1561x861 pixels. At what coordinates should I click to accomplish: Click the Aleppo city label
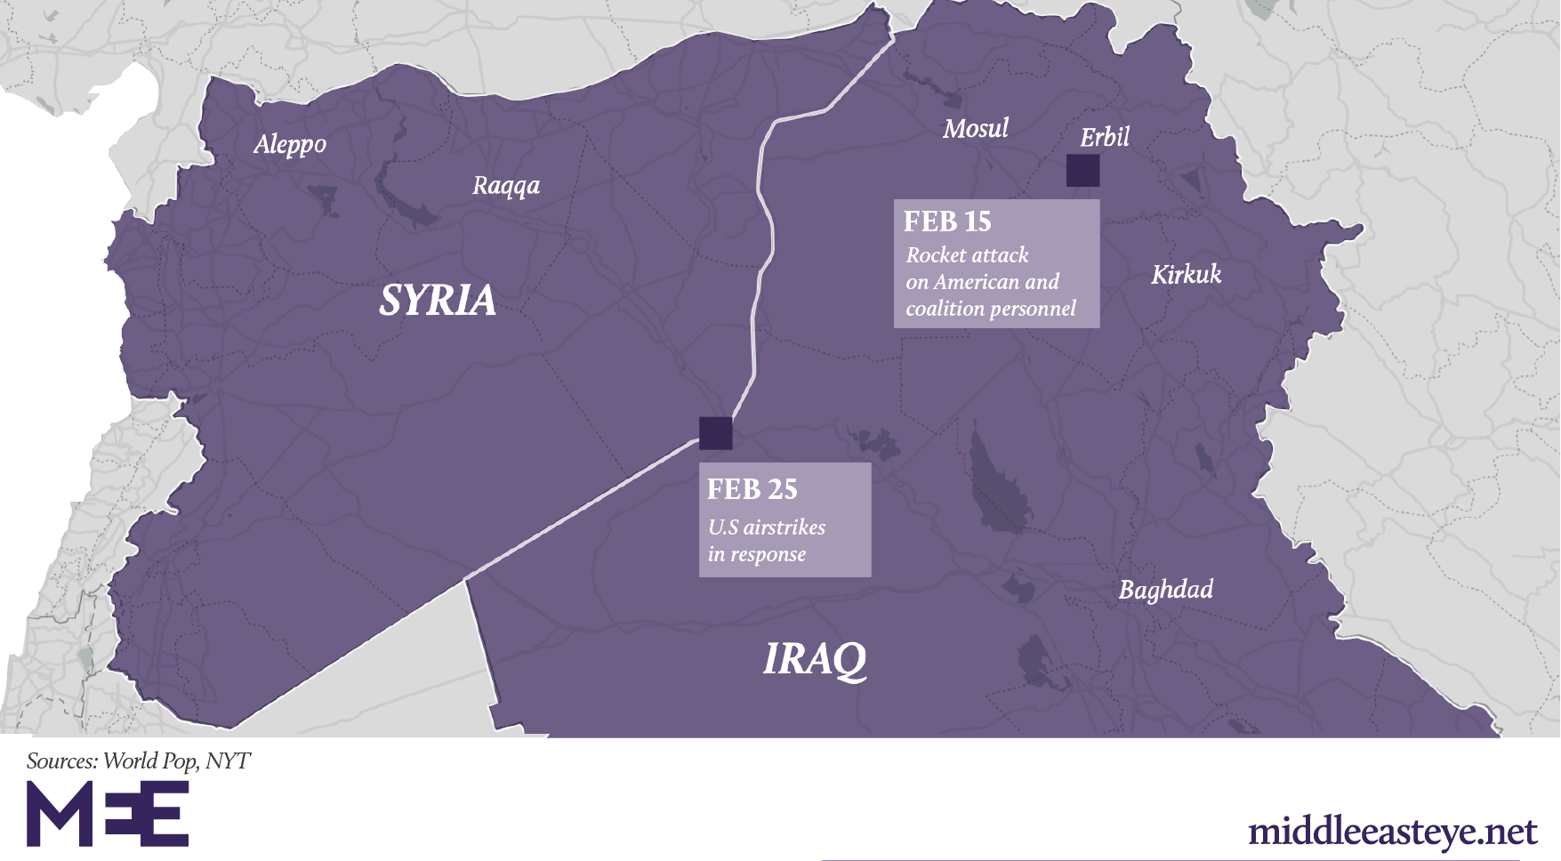290,144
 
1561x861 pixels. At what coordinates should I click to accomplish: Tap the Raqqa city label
505,186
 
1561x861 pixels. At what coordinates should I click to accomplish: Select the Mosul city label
975,129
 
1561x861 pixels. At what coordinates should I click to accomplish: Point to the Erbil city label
1104,137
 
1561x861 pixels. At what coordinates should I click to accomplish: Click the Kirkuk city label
1186,274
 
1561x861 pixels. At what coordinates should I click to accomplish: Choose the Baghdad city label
1165,590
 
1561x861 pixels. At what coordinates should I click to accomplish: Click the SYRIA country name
437,300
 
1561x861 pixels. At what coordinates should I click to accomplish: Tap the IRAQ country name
814,659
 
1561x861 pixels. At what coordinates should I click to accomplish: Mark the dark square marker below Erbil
1082,170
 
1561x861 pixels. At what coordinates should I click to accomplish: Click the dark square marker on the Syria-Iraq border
715,433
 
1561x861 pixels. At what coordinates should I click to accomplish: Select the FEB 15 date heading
946,221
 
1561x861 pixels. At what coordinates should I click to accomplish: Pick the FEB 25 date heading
752,489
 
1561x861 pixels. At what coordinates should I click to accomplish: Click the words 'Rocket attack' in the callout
967,255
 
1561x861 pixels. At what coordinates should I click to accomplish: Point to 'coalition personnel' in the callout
990,309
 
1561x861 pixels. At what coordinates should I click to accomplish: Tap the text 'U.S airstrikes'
766,527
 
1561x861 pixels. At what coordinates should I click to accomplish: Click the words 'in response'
756,554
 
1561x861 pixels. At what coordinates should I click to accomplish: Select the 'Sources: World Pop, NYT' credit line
138,760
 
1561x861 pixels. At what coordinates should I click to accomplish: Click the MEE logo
107,814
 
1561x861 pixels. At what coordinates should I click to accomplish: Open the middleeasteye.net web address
1392,832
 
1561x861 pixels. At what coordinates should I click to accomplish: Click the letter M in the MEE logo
58,814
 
